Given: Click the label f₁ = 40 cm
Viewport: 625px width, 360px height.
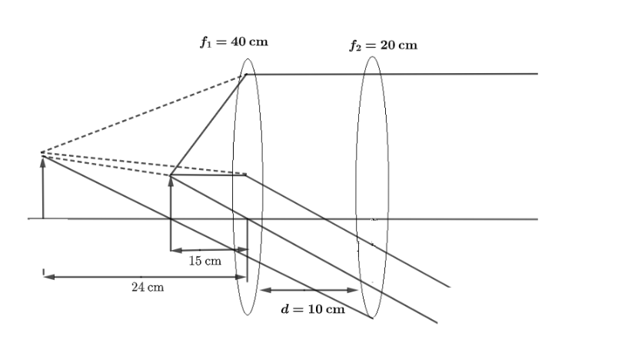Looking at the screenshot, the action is point(234,42).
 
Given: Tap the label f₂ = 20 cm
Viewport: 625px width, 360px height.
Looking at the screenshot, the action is point(384,45).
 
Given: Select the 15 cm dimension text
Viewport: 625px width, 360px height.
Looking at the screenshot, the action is point(205,261).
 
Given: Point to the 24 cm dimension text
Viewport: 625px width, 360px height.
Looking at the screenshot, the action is point(148,287).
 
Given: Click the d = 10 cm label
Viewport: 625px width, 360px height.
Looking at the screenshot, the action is point(313,309).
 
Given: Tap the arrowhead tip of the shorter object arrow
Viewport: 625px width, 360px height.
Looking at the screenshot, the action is point(171,176).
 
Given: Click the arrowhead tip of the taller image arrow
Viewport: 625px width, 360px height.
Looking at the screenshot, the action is point(43,157).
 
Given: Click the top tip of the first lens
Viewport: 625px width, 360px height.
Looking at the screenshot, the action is point(248,59).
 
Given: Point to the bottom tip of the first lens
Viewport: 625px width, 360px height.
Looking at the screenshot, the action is point(248,315).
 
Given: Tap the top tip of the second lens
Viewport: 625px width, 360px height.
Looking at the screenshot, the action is point(372,57).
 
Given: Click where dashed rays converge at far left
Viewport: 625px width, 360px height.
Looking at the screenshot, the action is point(41,152).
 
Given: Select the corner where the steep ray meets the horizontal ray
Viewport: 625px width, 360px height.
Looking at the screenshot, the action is point(246,74).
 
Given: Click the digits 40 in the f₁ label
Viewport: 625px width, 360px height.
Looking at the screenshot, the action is point(238,42).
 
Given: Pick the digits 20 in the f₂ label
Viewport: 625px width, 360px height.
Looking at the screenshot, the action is point(387,45).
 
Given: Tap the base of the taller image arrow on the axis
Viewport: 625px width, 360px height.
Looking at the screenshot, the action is point(43,218).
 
